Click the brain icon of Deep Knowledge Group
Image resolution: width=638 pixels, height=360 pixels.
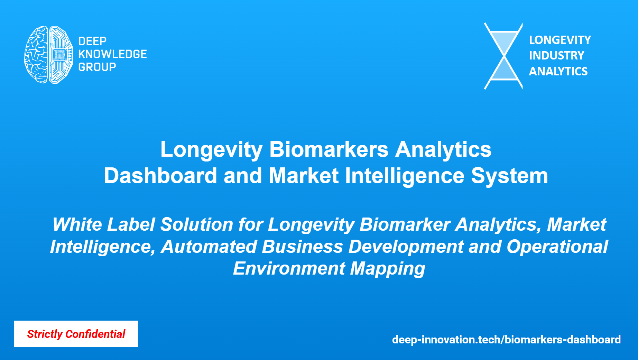click(48, 55)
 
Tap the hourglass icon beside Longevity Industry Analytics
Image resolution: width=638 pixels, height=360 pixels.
click(503, 56)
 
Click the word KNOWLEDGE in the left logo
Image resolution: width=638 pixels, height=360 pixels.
click(112, 54)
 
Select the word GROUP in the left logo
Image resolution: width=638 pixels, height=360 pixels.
click(97, 67)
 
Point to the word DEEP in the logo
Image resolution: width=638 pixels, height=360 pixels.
click(92, 41)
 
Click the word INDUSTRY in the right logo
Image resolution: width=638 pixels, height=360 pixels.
click(556, 55)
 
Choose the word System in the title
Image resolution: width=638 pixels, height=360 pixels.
click(509, 176)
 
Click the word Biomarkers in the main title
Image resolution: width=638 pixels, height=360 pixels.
click(329, 149)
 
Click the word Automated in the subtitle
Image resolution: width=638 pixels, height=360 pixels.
click(209, 247)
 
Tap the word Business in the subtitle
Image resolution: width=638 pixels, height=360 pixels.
click(302, 247)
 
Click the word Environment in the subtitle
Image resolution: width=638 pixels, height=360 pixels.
click(289, 268)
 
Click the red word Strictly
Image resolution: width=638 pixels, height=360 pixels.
click(45, 334)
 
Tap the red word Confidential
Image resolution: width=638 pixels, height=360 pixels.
click(95, 334)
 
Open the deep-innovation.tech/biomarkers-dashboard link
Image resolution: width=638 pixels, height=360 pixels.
click(506, 340)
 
